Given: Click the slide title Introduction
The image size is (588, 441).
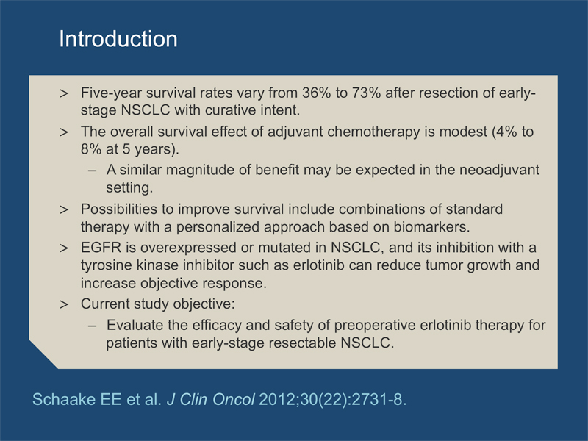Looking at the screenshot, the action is click(118, 39).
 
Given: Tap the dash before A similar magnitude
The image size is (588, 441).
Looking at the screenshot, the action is click(93, 171).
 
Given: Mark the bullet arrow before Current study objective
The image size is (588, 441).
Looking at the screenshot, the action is click(64, 304).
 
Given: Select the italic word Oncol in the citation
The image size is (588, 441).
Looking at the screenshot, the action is click(234, 399).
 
